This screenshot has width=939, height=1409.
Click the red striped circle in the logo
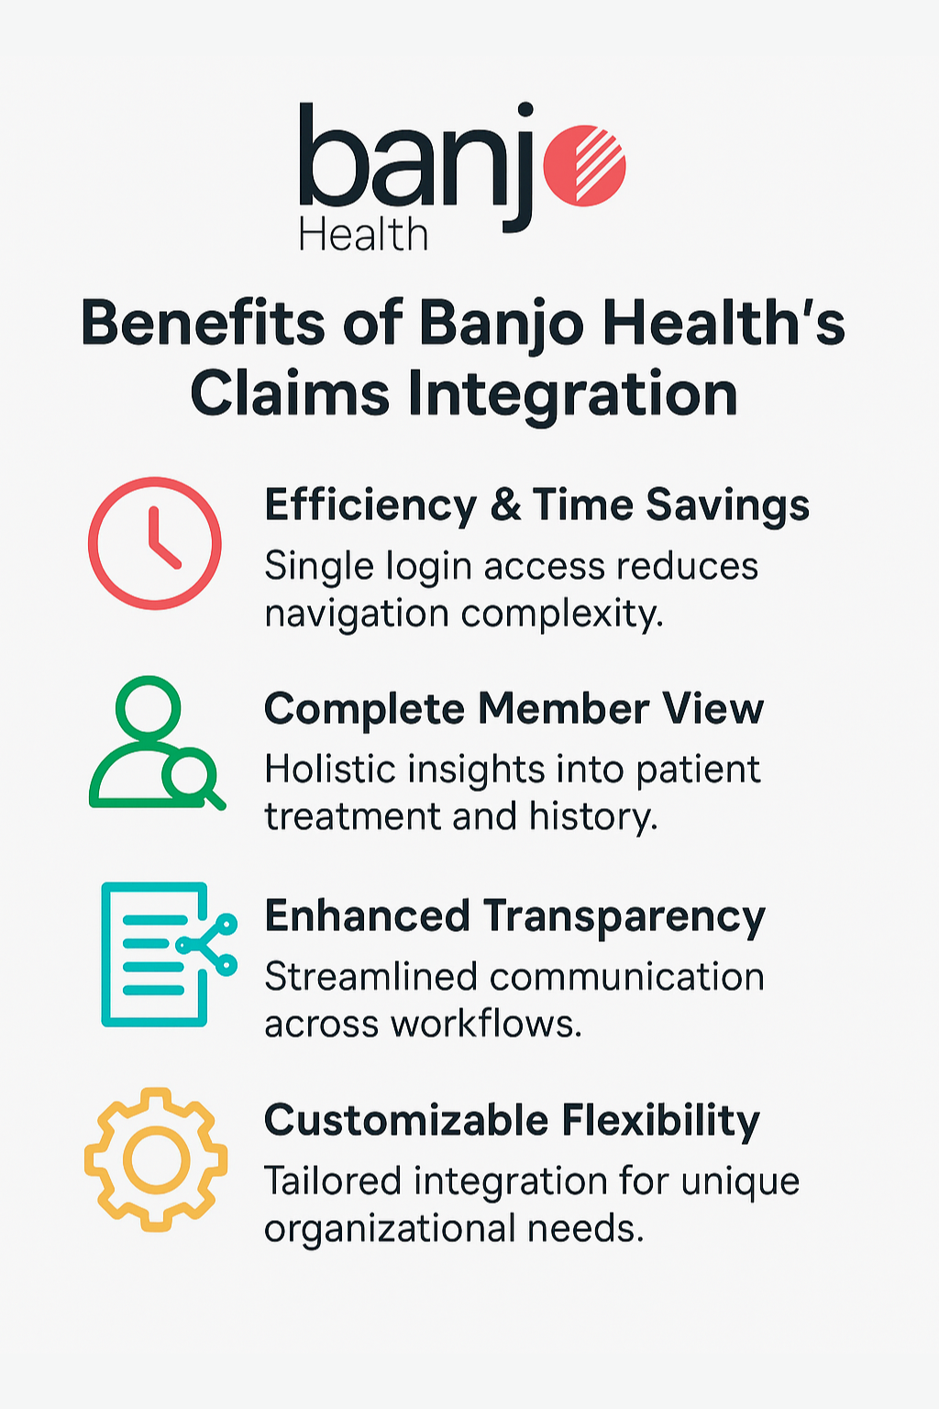click(x=584, y=164)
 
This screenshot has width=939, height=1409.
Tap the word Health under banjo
click(x=363, y=236)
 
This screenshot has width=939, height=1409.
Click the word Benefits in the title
click(x=203, y=324)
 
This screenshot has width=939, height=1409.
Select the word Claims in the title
click(x=290, y=394)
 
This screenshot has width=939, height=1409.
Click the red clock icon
click(x=155, y=543)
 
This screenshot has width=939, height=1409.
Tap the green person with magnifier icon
click(x=154, y=744)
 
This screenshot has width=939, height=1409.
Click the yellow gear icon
click(x=155, y=1159)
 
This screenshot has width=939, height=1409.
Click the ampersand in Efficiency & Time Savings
click(x=505, y=506)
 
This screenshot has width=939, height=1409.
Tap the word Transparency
click(x=624, y=917)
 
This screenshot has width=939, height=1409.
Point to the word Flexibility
click(x=660, y=1121)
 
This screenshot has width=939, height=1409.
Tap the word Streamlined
click(x=370, y=977)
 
